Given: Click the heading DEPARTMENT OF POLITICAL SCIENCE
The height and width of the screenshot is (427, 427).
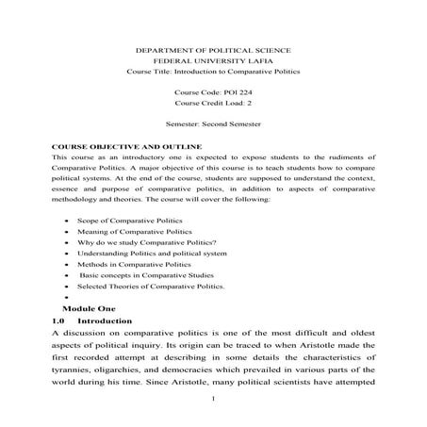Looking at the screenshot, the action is (x=213, y=48).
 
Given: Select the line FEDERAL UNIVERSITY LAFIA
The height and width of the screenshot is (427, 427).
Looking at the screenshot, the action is (x=213, y=59).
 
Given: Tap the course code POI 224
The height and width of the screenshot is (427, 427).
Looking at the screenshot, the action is (x=213, y=92).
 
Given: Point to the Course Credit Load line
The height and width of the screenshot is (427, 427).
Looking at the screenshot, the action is (x=213, y=104).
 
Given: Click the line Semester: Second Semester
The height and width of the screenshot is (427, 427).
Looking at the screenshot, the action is (x=213, y=125).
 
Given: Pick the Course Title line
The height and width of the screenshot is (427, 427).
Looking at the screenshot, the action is (x=213, y=71).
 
